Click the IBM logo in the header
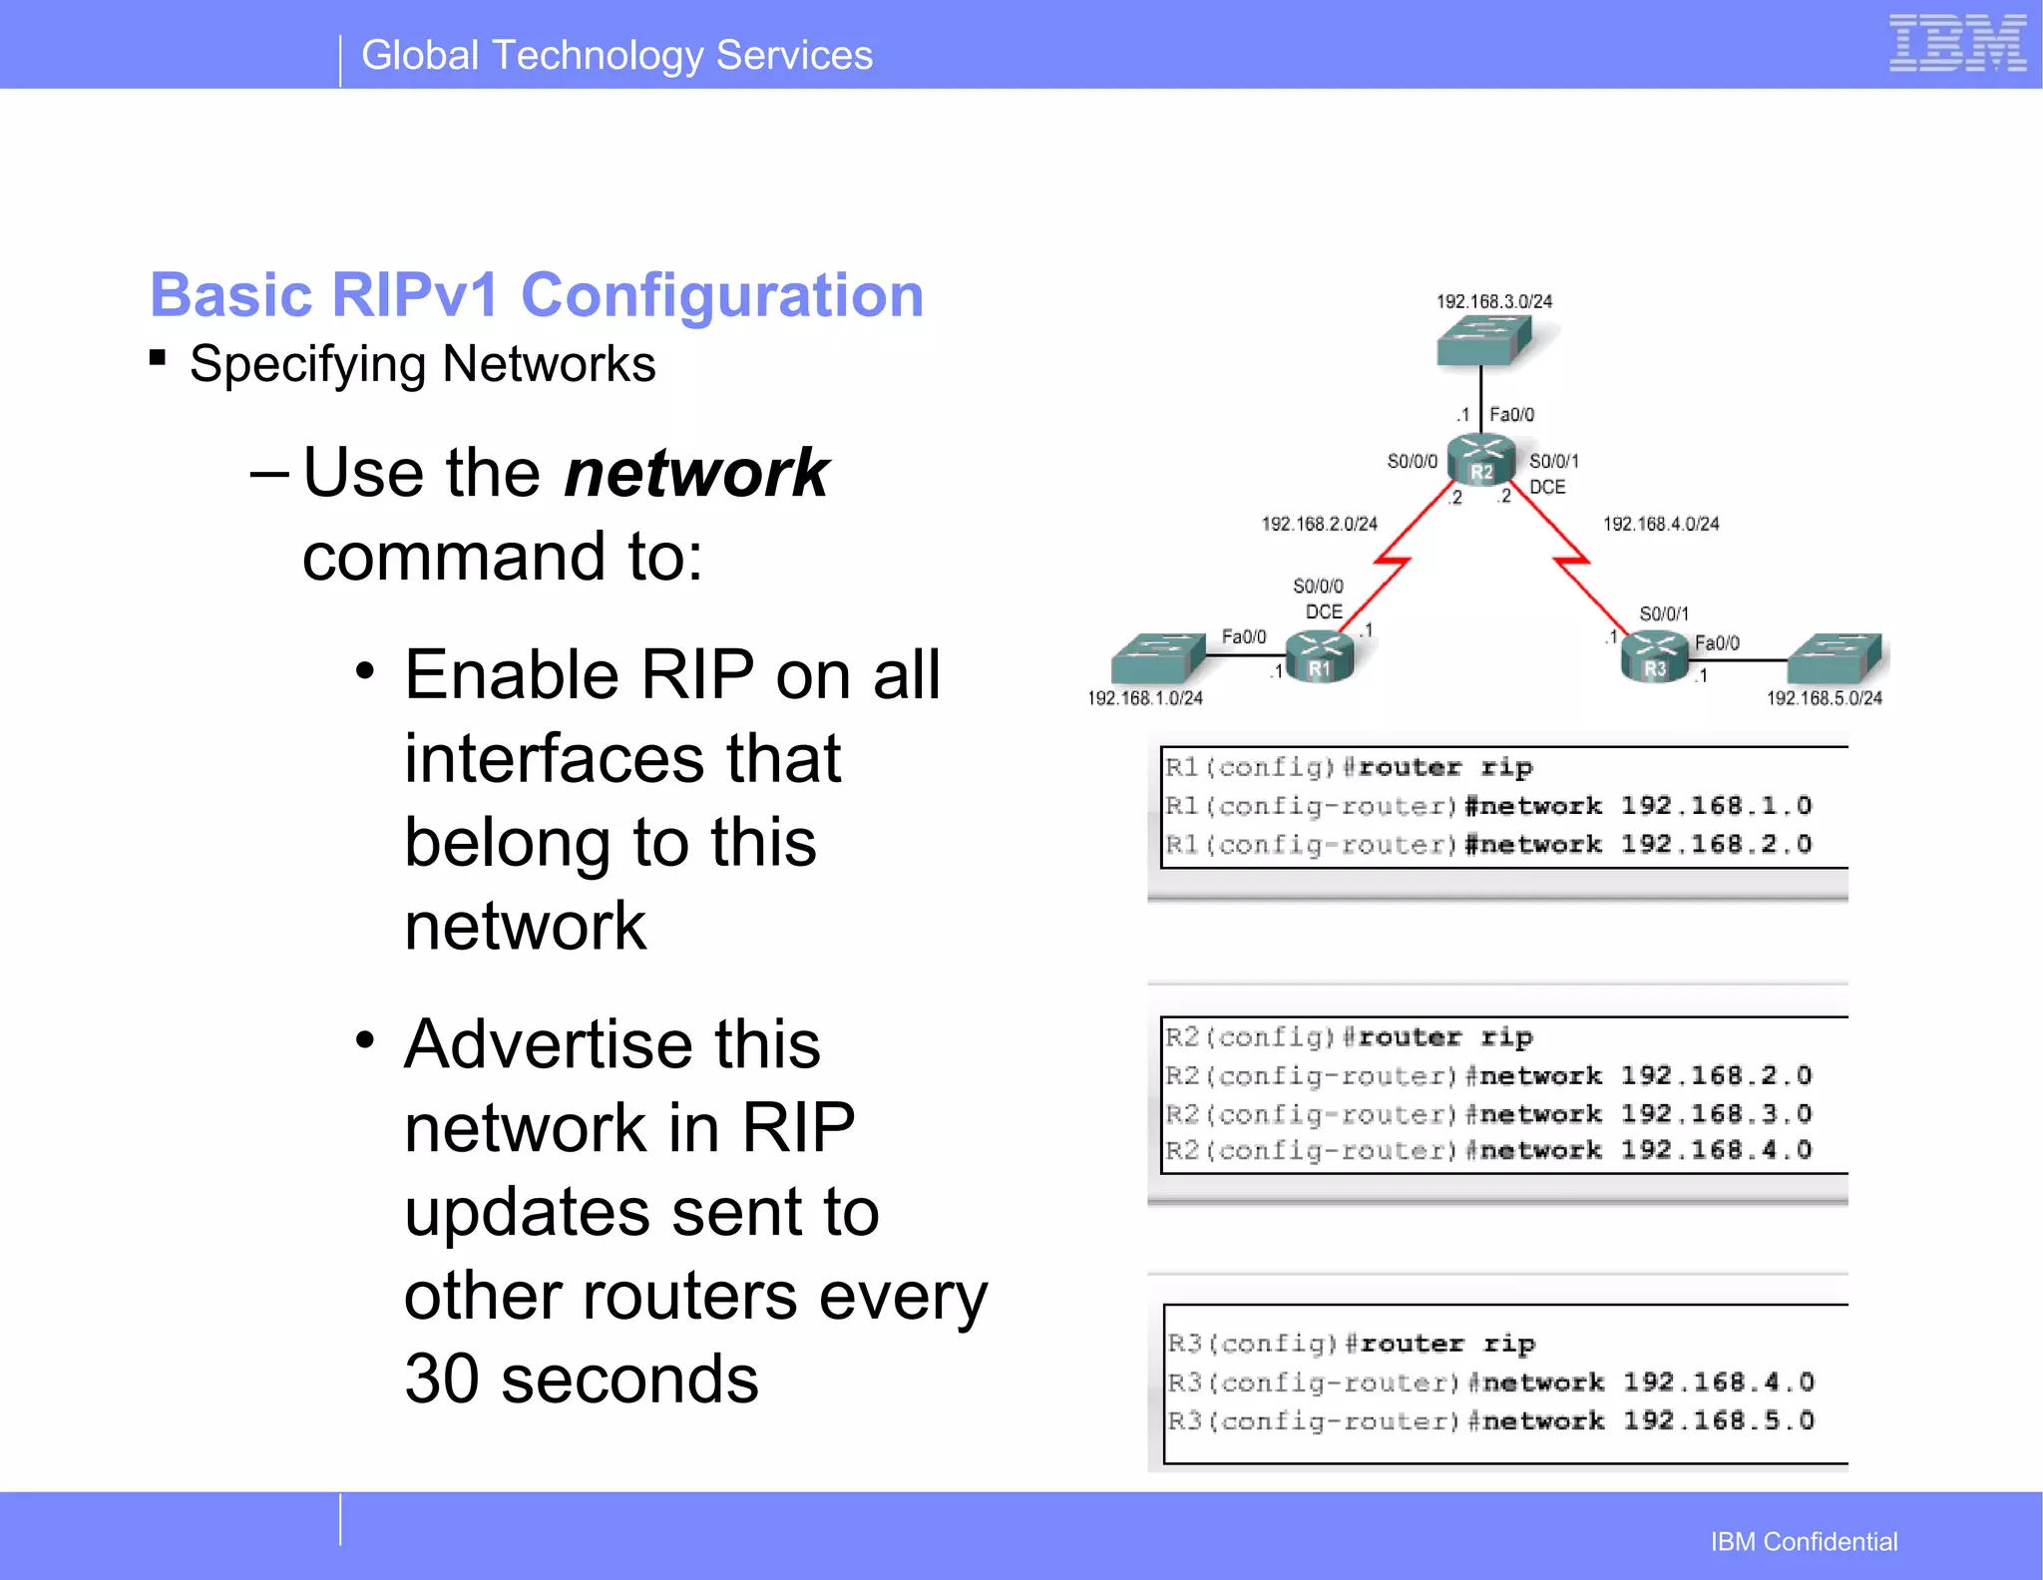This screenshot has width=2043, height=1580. (x=1956, y=44)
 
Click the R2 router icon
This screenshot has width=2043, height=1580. (x=1481, y=462)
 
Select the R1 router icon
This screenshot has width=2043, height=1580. (x=1320, y=658)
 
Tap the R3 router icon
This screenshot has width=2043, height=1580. (x=1654, y=658)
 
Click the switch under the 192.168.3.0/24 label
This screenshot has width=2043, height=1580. (x=1483, y=341)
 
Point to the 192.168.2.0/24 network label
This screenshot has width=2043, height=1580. (x=1319, y=524)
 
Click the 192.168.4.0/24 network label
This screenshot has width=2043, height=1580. (x=1661, y=524)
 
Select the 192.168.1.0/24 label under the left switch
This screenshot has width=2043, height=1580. (x=1144, y=698)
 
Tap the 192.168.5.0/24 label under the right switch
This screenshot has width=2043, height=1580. (x=1824, y=698)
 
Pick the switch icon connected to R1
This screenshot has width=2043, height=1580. (x=1157, y=658)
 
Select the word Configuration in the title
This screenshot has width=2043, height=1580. (x=722, y=295)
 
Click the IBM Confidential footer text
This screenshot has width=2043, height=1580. (x=1803, y=1542)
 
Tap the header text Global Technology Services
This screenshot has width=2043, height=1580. (x=616, y=56)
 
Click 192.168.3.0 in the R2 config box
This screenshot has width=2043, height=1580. (x=1715, y=1113)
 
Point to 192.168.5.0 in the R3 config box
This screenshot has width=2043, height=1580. (x=1717, y=1420)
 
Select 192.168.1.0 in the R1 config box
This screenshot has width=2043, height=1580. (x=1715, y=805)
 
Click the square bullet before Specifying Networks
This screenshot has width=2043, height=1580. (x=158, y=357)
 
